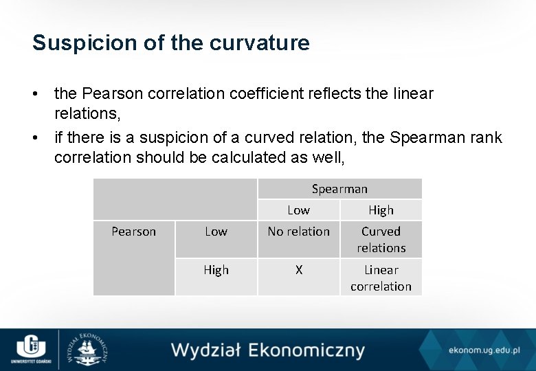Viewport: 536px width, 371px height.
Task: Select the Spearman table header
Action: pyautogui.click(x=339, y=189)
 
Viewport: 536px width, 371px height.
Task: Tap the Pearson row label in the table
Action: pyautogui.click(x=133, y=232)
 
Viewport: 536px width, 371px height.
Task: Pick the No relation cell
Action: pyautogui.click(x=298, y=232)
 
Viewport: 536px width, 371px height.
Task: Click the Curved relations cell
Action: pyautogui.click(x=381, y=239)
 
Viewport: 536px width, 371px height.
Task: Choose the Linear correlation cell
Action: pyautogui.click(x=381, y=278)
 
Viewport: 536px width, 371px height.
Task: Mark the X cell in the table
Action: pyautogui.click(x=298, y=270)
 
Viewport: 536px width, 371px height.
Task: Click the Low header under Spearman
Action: pyautogui.click(x=298, y=210)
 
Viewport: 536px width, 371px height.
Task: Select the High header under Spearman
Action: pyautogui.click(x=381, y=210)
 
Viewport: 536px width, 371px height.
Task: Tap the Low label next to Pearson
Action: pyautogui.click(x=216, y=232)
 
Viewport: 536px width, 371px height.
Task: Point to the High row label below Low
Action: pyautogui.click(x=216, y=270)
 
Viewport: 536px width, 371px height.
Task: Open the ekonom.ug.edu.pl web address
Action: pyautogui.click(x=484, y=350)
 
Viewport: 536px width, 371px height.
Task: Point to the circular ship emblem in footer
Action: pyautogui.click(x=89, y=349)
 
